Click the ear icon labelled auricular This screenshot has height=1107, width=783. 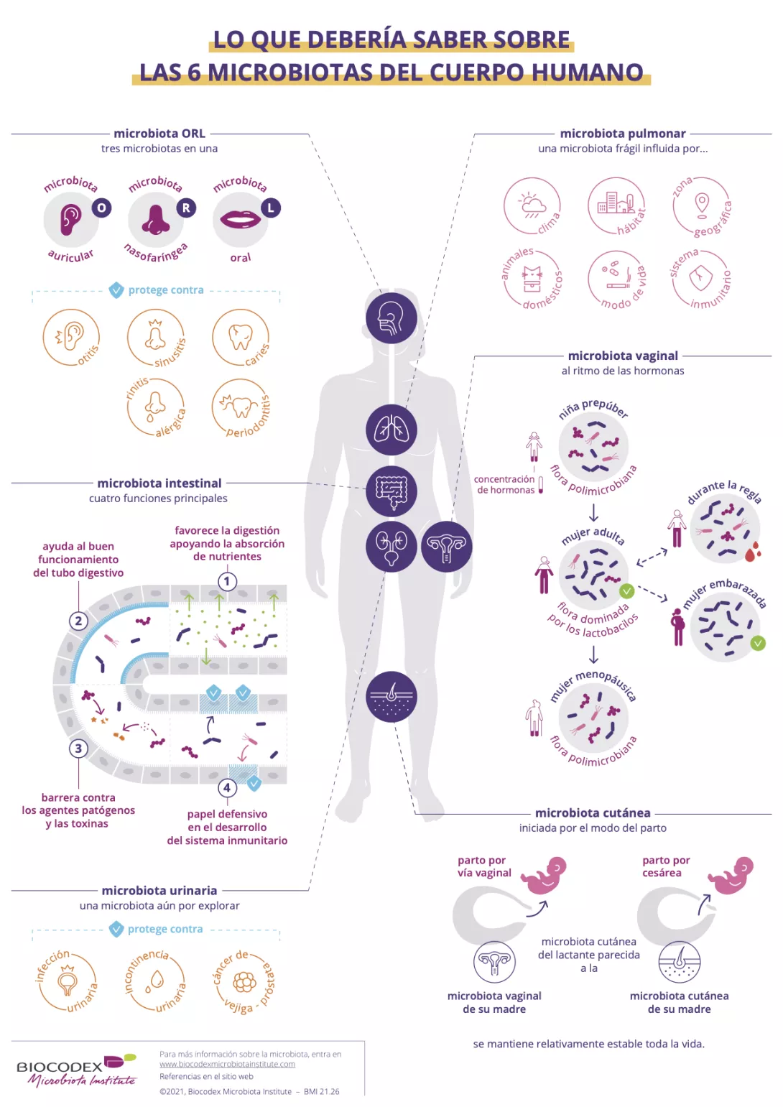(x=70, y=219)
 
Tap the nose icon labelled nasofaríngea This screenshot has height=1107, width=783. (x=155, y=220)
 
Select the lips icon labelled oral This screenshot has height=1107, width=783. (x=240, y=218)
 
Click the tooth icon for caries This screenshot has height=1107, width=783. (x=240, y=336)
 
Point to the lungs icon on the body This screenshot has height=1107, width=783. (x=391, y=430)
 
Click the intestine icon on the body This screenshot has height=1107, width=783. (x=391, y=491)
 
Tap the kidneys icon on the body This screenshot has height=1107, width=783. (x=391, y=547)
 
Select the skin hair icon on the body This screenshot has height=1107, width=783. (x=391, y=696)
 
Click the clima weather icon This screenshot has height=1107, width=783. (x=532, y=205)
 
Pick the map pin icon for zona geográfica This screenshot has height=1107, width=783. (x=702, y=204)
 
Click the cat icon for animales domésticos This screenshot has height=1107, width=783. (x=532, y=278)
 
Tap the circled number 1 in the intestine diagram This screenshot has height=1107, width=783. (x=227, y=581)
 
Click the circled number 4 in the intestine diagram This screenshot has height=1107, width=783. (x=227, y=787)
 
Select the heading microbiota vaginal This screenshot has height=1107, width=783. (x=622, y=356)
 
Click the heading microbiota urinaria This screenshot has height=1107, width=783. (x=159, y=890)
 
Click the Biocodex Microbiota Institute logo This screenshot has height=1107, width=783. (x=76, y=1070)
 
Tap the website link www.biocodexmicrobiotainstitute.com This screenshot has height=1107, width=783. (x=227, y=1064)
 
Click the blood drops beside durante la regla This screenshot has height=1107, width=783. (x=752, y=552)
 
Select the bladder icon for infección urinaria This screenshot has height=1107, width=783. (x=68, y=981)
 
